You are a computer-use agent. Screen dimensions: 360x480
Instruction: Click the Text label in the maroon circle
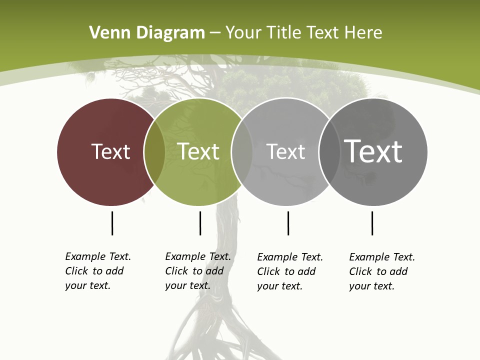click(x=110, y=151)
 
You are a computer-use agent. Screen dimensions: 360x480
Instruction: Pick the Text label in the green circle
click(x=198, y=151)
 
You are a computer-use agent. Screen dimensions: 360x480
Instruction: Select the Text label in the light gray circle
click(x=285, y=151)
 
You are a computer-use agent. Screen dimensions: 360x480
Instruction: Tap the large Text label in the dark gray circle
click(x=373, y=151)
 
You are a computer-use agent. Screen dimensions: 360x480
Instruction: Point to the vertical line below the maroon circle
click(x=112, y=223)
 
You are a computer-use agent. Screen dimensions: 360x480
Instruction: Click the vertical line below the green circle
click(x=200, y=223)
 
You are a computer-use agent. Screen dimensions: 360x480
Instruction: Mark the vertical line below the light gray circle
click(x=288, y=223)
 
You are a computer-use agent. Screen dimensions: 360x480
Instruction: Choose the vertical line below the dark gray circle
click(x=372, y=223)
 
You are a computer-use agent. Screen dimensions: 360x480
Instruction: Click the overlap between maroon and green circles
click(x=154, y=151)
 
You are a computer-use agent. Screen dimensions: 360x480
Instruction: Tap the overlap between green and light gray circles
click(x=242, y=151)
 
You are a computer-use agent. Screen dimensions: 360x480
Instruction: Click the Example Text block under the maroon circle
click(x=97, y=271)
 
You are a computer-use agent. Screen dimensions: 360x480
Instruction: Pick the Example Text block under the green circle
click(x=197, y=271)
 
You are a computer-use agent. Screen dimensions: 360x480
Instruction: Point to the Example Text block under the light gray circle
click(x=289, y=271)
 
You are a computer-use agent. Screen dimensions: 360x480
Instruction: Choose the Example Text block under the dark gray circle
click(x=381, y=271)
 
